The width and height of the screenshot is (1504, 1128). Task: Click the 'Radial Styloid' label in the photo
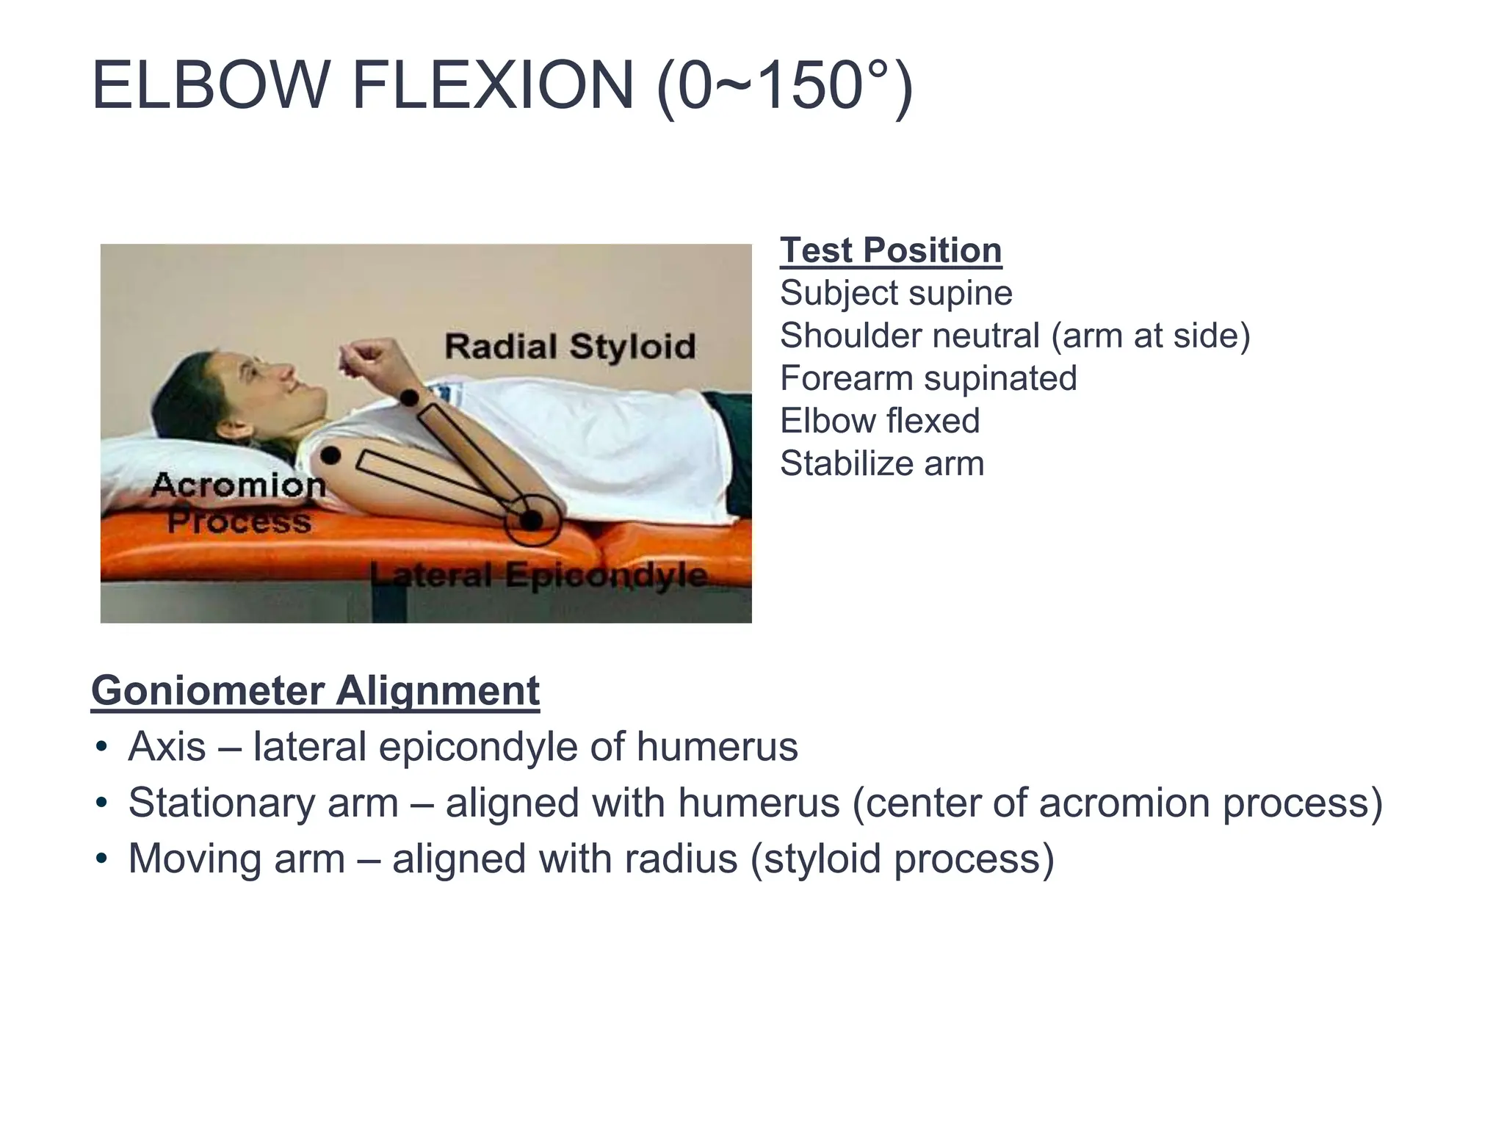point(570,346)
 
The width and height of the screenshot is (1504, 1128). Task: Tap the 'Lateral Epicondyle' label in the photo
point(539,575)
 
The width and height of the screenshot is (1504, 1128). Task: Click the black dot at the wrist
point(409,398)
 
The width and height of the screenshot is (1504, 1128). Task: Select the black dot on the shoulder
point(330,455)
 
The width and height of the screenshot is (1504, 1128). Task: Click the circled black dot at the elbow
point(532,520)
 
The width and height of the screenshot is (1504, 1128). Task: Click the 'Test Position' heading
point(891,250)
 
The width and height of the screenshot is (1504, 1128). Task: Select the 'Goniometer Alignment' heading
point(315,691)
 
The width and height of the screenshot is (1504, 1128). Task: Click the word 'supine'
point(961,294)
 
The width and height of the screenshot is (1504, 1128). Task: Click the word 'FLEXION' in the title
point(493,86)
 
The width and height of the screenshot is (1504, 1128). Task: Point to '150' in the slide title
point(809,86)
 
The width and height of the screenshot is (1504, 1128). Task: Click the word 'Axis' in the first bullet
point(167,747)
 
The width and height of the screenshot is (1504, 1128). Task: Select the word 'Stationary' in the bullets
point(263,803)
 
